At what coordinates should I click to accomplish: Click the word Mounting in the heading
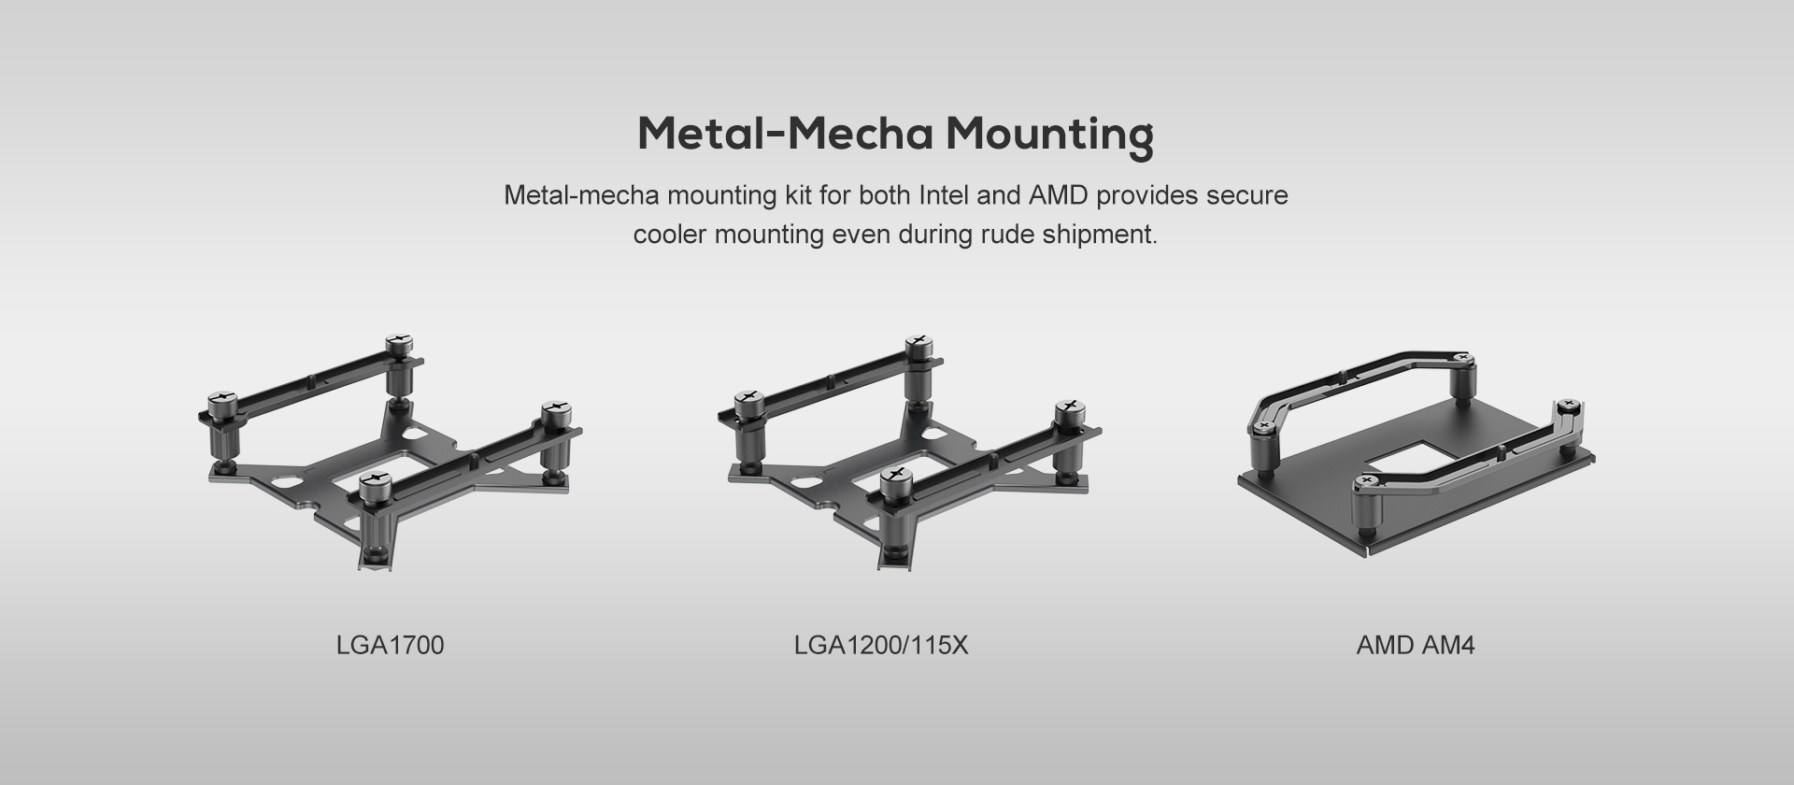[x=1049, y=135]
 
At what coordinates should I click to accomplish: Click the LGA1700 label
[x=390, y=645]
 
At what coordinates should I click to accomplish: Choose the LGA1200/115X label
[x=881, y=645]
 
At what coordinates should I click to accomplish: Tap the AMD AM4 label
[x=1416, y=645]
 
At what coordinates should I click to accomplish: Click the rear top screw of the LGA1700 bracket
[x=399, y=343]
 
